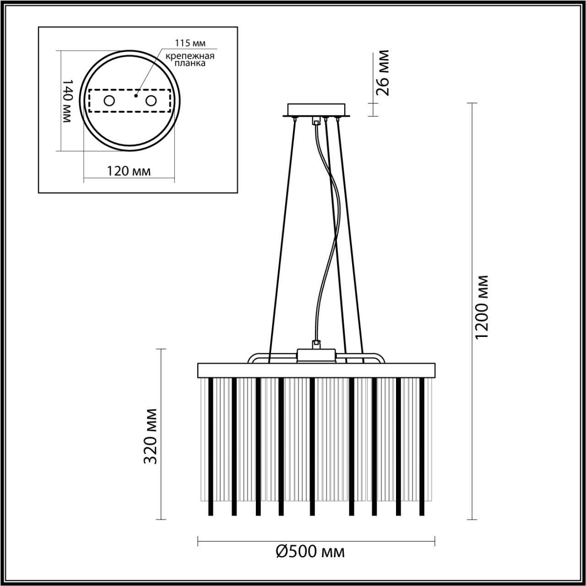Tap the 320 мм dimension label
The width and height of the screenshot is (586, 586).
click(151, 435)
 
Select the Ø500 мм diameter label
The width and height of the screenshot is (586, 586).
click(310, 552)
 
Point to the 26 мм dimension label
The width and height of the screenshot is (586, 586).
click(381, 72)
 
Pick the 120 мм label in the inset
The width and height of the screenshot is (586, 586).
click(129, 171)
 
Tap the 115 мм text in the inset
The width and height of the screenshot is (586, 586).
click(190, 43)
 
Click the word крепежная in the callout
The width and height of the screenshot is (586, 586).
click(190, 56)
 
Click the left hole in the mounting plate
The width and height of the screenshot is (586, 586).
click(109, 101)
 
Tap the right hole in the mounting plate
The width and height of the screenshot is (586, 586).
click(151, 101)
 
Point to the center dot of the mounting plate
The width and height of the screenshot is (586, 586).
click(136, 96)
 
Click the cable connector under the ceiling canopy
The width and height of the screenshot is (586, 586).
click(315, 121)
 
